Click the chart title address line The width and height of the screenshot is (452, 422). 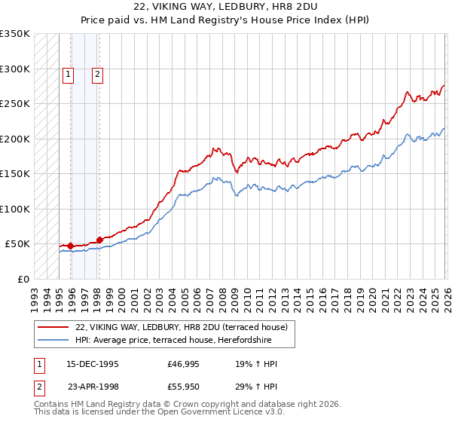pos(226,7)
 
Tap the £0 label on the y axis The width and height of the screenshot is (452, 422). pos(23,279)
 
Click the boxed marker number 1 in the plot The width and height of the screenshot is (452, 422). pos(69,74)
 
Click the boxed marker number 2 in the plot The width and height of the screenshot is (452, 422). pos(98,74)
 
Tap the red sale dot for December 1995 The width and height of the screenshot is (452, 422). pos(71,246)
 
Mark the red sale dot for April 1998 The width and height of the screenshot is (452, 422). pos(100,240)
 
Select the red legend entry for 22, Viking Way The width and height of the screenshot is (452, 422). pos(181,327)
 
